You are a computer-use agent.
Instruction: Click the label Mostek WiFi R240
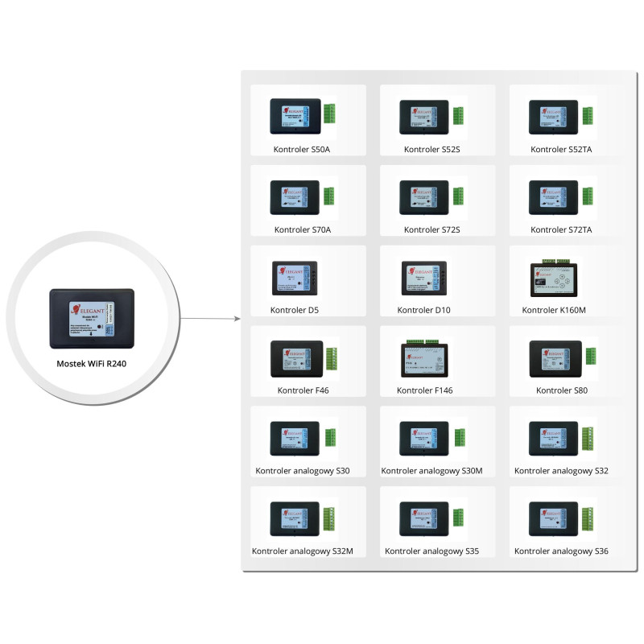pyautogui.click(x=91, y=364)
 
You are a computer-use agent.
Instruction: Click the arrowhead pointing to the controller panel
pyautogui.click(x=237, y=318)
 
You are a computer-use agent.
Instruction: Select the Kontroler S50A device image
pyautogui.click(x=295, y=116)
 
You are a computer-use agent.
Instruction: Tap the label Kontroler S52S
pyautogui.click(x=431, y=150)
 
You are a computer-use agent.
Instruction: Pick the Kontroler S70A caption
pyautogui.click(x=303, y=229)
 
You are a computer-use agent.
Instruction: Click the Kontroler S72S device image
pyautogui.click(x=425, y=196)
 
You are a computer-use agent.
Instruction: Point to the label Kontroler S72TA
pyautogui.click(x=561, y=229)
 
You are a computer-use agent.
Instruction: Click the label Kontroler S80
pyautogui.click(x=561, y=390)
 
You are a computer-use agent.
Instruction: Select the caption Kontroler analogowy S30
pyautogui.click(x=303, y=470)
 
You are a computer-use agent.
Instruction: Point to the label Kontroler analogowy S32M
pyautogui.click(x=303, y=551)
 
